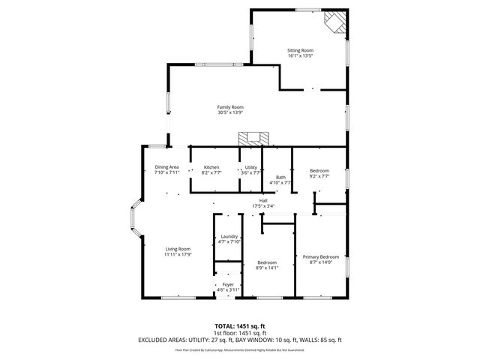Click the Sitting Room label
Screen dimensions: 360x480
click(x=299, y=49)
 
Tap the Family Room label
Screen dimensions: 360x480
click(x=230, y=107)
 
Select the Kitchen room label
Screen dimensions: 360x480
click(x=211, y=166)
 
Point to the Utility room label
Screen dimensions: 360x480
click(x=251, y=166)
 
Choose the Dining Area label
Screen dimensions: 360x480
click(x=166, y=166)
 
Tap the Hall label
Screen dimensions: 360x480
click(x=263, y=200)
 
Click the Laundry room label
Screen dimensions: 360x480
click(x=229, y=236)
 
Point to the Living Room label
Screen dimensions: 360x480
click(x=178, y=249)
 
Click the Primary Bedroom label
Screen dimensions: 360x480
click(x=320, y=257)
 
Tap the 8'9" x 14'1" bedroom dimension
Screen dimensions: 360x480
click(x=266, y=268)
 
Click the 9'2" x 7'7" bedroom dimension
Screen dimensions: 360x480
click(x=319, y=177)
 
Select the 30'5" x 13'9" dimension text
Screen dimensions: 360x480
click(x=230, y=112)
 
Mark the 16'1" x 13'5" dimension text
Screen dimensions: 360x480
click(x=299, y=55)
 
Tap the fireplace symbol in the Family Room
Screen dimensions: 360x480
click(x=253, y=138)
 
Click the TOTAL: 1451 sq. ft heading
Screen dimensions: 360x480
click(x=239, y=326)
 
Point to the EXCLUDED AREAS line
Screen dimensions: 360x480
click(x=239, y=339)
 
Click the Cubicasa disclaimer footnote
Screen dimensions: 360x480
click(x=239, y=349)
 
